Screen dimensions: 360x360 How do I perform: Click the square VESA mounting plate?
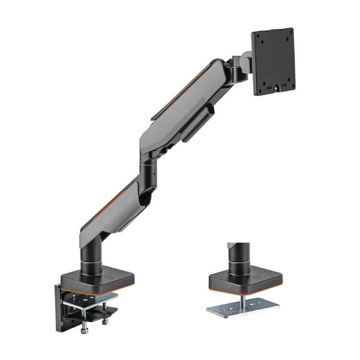[272, 61]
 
